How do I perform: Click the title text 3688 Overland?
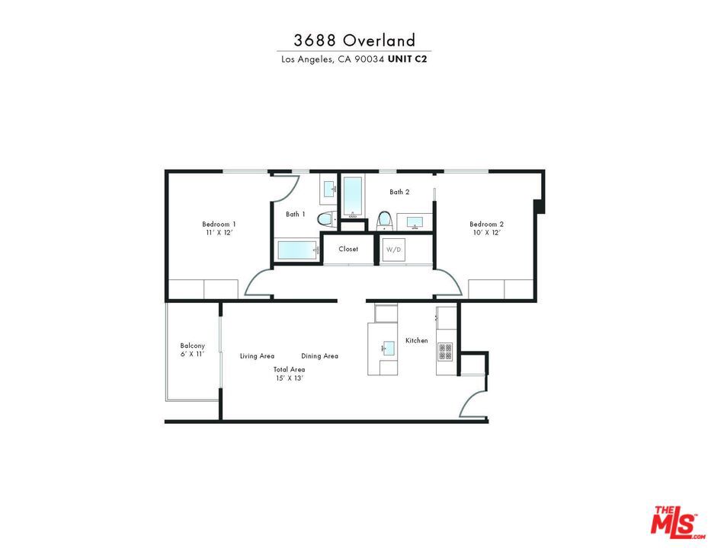click(354, 40)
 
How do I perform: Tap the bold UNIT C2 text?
click(407, 59)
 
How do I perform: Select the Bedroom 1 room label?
click(219, 225)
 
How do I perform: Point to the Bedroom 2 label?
click(486, 225)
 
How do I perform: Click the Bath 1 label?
click(295, 214)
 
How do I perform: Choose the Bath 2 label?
click(399, 192)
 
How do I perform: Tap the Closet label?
click(348, 249)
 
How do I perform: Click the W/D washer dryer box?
click(393, 250)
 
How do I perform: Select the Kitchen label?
click(416, 340)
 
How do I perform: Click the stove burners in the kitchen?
click(445, 352)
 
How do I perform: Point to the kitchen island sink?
click(389, 348)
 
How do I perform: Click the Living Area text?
click(257, 356)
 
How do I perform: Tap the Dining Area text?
click(319, 356)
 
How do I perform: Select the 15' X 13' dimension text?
click(290, 378)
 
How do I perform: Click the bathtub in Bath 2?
click(352, 196)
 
